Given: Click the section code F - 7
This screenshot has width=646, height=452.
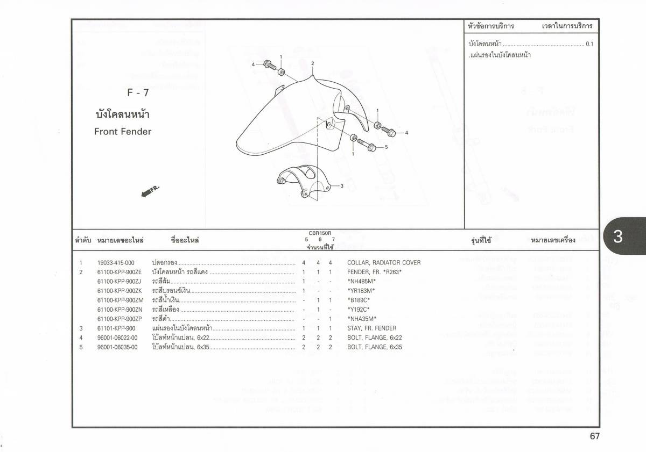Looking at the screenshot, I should point(138,92).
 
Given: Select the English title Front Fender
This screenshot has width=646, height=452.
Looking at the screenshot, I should point(123,132).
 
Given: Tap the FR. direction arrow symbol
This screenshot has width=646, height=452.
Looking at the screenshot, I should point(151,191).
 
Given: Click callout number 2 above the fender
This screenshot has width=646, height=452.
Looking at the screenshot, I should point(312,63).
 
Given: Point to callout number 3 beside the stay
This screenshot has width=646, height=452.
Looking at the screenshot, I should point(342,186).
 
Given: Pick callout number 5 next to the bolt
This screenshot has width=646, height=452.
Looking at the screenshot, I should point(386,146).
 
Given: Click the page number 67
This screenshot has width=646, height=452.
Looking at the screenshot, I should point(594,436).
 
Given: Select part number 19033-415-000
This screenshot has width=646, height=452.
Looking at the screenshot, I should point(116,263).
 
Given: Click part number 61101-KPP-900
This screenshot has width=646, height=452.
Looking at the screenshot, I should point(116,328).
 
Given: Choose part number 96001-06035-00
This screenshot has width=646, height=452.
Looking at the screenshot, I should point(117,347).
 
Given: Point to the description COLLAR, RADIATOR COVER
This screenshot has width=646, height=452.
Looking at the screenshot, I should point(384,263).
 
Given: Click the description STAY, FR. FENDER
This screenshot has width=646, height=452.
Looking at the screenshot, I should point(371,328).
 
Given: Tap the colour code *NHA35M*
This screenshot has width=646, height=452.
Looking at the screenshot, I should point(362,318).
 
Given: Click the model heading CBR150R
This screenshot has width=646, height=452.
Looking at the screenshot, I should point(320,233).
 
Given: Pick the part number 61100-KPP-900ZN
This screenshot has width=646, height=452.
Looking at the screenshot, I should point(120,310).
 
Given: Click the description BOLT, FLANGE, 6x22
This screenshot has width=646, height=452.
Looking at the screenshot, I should point(374,338).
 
